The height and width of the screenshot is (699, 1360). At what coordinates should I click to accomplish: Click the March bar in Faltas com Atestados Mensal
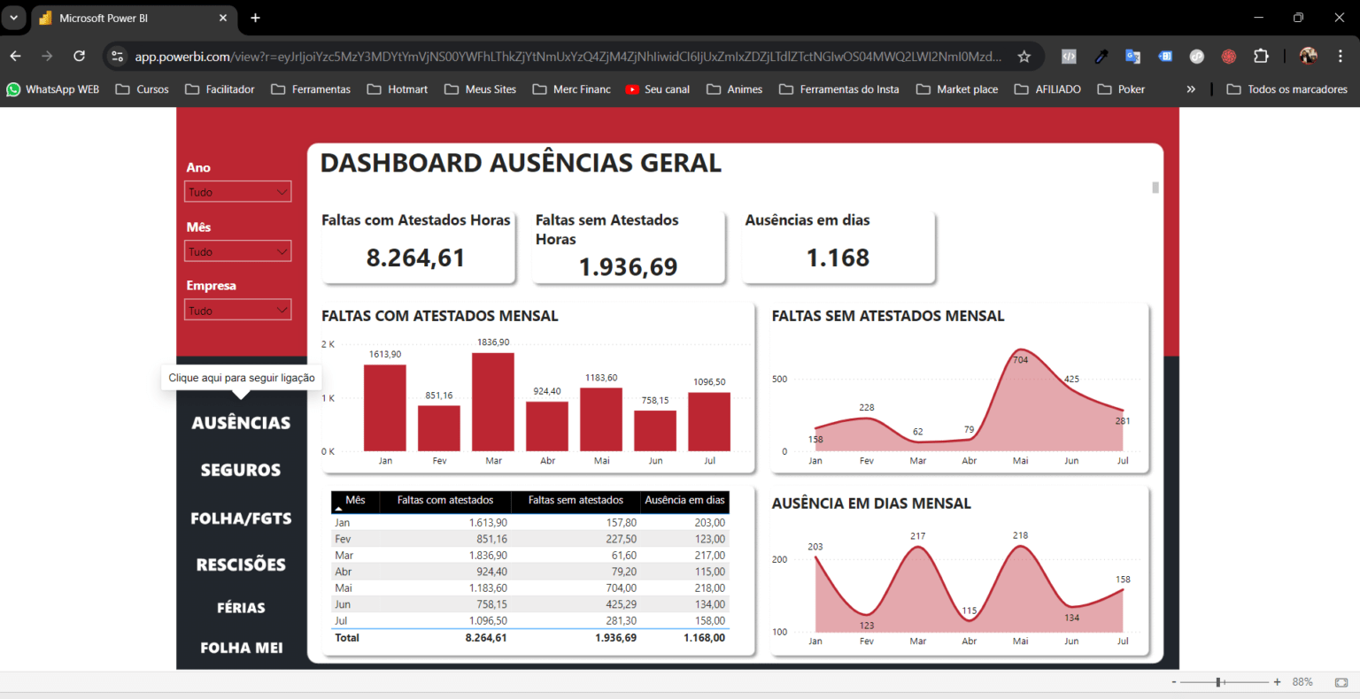click(x=493, y=402)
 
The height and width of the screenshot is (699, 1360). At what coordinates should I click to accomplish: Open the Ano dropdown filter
click(x=237, y=192)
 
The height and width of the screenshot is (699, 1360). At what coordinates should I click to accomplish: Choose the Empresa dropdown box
click(x=237, y=311)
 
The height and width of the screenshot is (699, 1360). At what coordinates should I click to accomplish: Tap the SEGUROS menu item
click(x=241, y=471)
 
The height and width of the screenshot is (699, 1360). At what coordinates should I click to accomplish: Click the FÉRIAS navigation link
click(x=241, y=608)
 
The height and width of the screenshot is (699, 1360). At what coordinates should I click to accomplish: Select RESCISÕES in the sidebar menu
click(x=241, y=565)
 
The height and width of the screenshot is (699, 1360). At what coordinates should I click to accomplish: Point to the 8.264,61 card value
click(x=415, y=257)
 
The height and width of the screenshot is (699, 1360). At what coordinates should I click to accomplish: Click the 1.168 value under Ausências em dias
click(x=838, y=257)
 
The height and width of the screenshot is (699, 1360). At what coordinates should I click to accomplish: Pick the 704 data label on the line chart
click(x=1020, y=360)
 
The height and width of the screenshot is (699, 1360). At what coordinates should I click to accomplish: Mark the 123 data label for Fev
click(x=867, y=626)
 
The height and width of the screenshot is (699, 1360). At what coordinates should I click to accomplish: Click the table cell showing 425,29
click(x=621, y=604)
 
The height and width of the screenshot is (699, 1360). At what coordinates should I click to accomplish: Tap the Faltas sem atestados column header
click(x=576, y=501)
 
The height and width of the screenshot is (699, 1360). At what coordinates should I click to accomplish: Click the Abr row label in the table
click(x=344, y=572)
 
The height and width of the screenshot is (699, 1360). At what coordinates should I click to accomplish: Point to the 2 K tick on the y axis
click(x=328, y=344)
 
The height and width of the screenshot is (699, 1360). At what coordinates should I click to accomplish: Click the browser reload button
click(x=79, y=56)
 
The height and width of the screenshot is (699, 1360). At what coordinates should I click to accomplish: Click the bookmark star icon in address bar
click(x=1024, y=57)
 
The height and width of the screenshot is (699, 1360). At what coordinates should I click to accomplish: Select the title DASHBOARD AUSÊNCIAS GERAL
click(x=521, y=163)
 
